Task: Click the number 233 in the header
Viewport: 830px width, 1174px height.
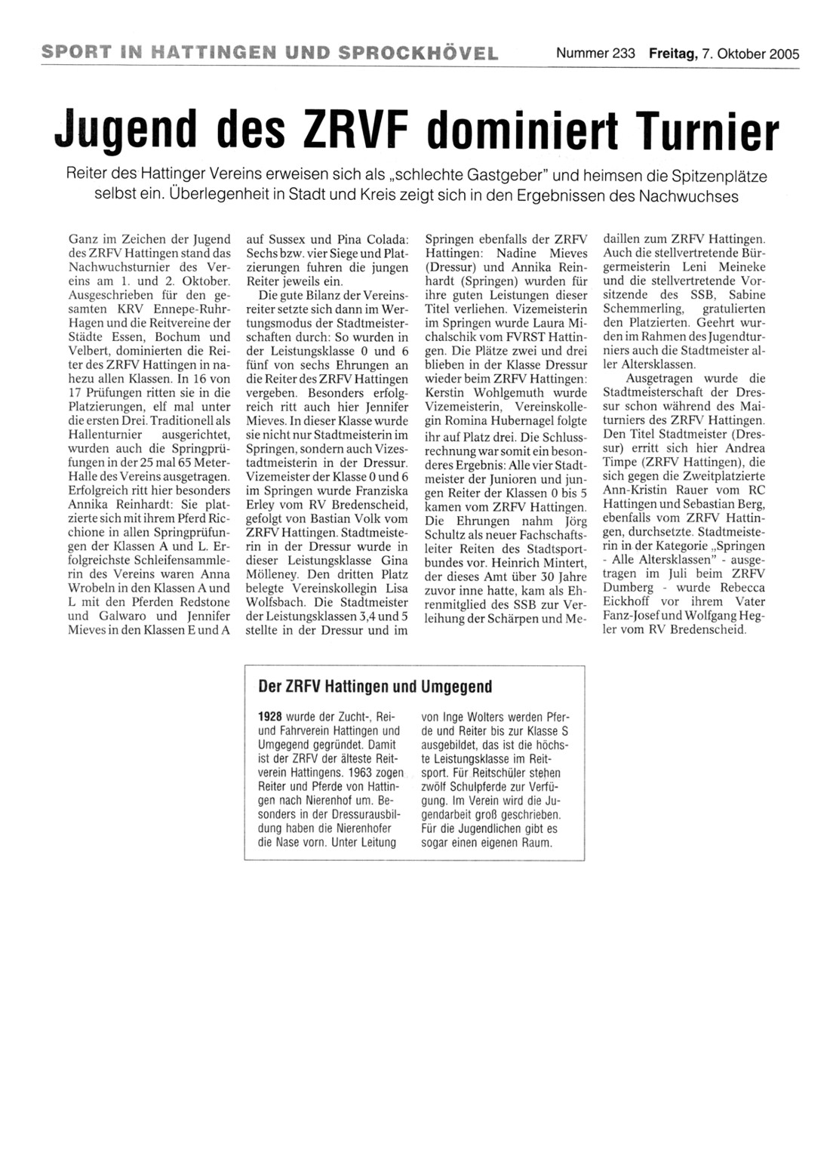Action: tap(624, 54)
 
